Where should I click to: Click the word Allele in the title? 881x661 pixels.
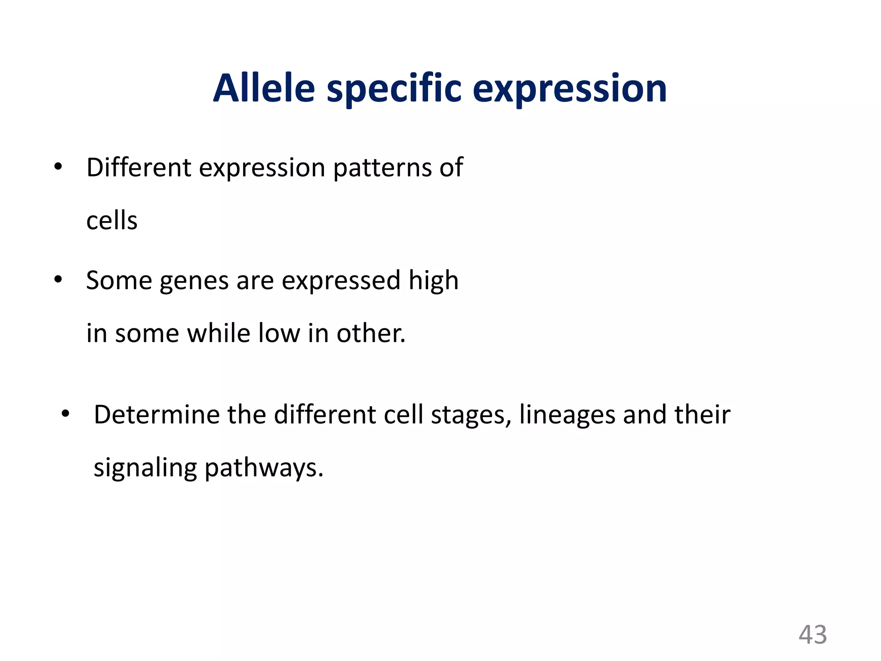(264, 88)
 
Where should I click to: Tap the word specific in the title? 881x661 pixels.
(394, 89)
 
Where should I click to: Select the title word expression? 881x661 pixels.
(570, 89)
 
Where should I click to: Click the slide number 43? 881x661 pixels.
(813, 635)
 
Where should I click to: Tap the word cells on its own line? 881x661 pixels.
(112, 220)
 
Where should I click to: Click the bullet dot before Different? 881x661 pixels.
(58, 167)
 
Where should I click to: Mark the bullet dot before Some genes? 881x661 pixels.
(58, 280)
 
